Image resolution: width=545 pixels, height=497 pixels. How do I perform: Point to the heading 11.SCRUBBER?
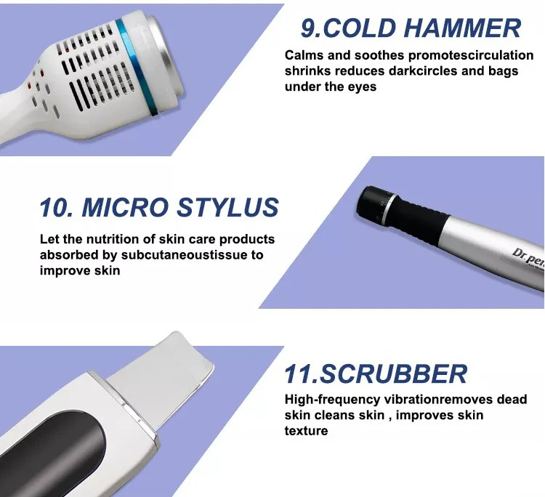coord(375,374)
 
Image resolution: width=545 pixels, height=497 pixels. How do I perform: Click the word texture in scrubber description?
coord(306,431)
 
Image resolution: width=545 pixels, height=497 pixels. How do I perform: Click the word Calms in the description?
coord(302,56)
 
